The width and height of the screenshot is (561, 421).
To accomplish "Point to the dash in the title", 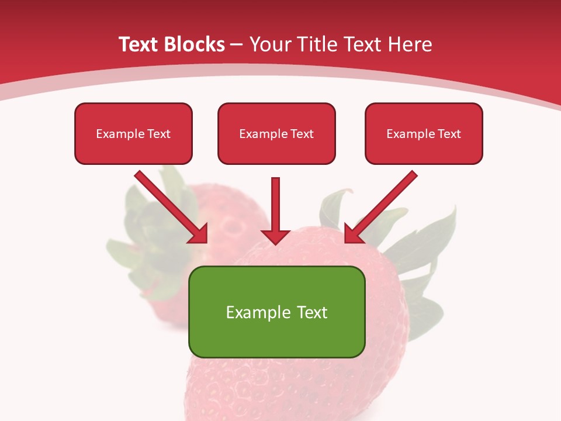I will [x=237, y=46].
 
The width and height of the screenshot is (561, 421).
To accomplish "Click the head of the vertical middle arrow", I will [x=276, y=236].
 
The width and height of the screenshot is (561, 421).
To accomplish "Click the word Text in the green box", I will [x=312, y=312].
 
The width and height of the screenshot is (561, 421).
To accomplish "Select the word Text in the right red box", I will [x=449, y=134].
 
